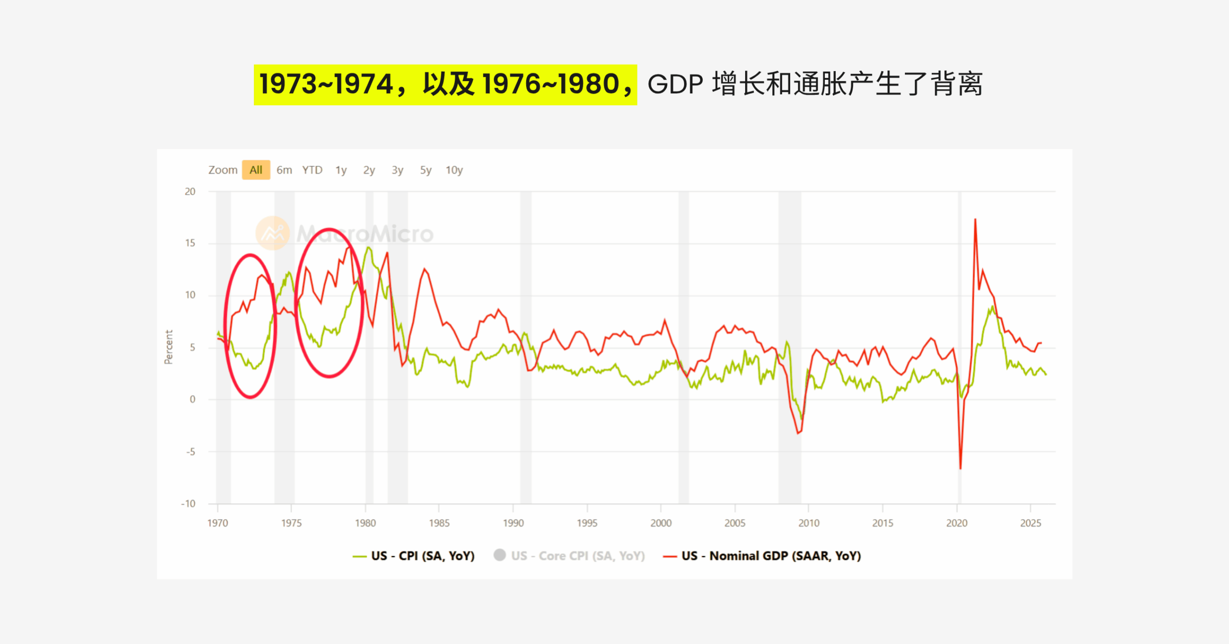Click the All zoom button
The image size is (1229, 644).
[256, 170]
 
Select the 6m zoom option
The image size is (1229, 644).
[284, 170]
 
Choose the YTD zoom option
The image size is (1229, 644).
[312, 170]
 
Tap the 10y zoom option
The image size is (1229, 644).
[454, 170]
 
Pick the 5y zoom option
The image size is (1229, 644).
[425, 170]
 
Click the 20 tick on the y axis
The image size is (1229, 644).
[190, 192]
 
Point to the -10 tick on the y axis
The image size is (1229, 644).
[188, 504]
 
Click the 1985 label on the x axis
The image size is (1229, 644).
[439, 523]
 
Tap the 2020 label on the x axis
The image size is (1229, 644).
[957, 523]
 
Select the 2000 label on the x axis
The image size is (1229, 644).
[661, 523]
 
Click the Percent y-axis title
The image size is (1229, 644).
[169, 347]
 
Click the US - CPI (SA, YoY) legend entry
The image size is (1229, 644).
[422, 556]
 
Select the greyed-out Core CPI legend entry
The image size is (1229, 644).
[577, 556]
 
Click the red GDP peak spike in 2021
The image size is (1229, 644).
[975, 220]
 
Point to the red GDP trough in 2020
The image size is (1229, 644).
[960, 468]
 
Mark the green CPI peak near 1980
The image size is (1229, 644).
[368, 248]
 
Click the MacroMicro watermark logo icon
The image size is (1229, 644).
[272, 234]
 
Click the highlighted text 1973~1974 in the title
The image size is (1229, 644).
[326, 85]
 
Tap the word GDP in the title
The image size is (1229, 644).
[675, 85]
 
